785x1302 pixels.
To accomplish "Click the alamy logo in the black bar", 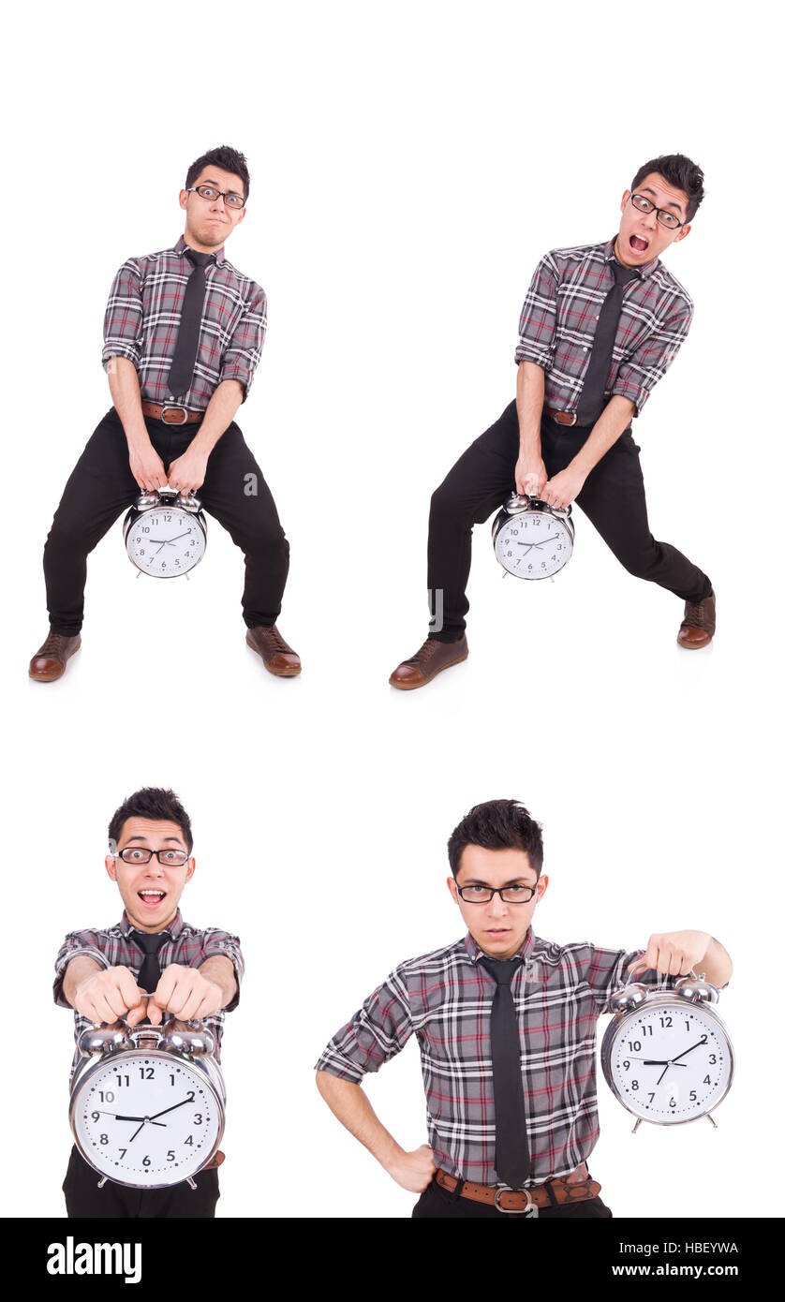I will (94, 1260).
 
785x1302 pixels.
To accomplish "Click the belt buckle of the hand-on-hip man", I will (513, 1198).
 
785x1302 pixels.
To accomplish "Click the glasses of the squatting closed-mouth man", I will (217, 196).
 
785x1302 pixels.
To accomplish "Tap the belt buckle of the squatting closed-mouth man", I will (172, 414).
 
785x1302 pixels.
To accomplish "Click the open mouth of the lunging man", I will (638, 244).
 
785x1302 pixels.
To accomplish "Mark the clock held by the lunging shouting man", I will (533, 540).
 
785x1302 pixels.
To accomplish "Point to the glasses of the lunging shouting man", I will (655, 212).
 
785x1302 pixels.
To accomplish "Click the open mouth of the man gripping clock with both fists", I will (151, 896).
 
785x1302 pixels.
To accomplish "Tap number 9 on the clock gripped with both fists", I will (95, 1117).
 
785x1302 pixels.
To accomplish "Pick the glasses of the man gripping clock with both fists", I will (152, 855).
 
